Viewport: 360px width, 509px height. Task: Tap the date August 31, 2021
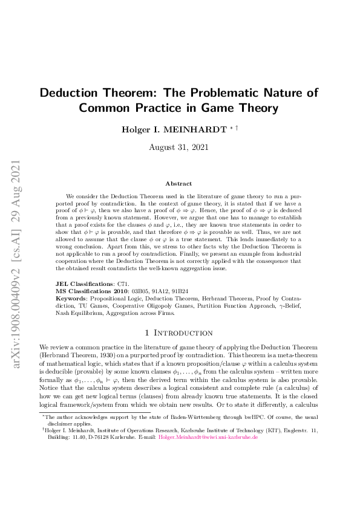[180, 146]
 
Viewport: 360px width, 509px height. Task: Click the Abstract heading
[178, 183]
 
